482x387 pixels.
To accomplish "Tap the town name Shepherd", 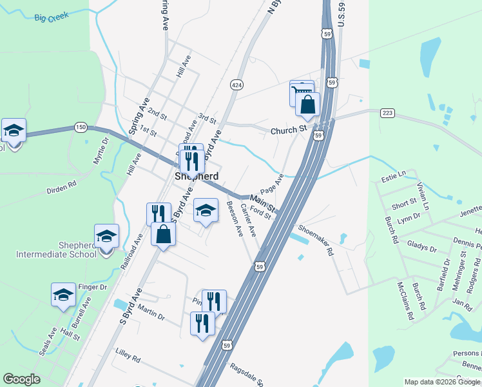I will pyautogui.click(x=197, y=176).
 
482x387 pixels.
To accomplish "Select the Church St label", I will pyautogui.click(x=288, y=130).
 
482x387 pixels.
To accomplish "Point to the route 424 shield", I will pyautogui.click(x=236, y=84).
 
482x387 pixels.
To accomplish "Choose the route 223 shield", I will pyautogui.click(x=387, y=113).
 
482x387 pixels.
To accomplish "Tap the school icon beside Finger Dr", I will pyautogui.click(x=63, y=295).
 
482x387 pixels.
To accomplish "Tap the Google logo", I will pyautogui.click(x=21, y=379).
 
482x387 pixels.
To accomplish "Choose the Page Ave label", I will pyautogui.click(x=273, y=183).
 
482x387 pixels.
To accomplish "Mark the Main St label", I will pyautogui.click(x=262, y=204).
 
